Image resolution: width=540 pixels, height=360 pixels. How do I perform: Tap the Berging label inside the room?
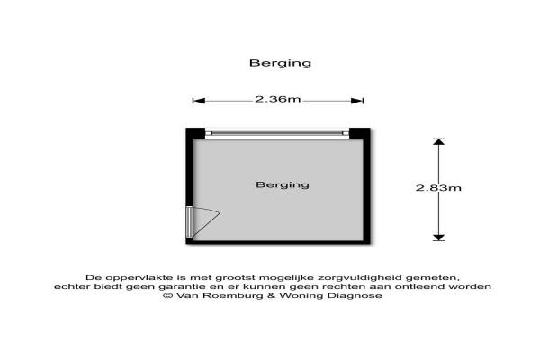[x=282, y=185]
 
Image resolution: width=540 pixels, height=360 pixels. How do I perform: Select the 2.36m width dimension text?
[x=277, y=100]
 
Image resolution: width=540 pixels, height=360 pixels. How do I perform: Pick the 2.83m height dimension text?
[x=438, y=188]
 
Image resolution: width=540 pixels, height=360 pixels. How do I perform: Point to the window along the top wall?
[x=276, y=133]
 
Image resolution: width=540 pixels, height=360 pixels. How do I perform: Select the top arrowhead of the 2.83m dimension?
[x=438, y=142]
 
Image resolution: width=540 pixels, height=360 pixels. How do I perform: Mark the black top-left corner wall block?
[x=196, y=134]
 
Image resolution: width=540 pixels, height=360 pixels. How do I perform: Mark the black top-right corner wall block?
[x=359, y=134]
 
